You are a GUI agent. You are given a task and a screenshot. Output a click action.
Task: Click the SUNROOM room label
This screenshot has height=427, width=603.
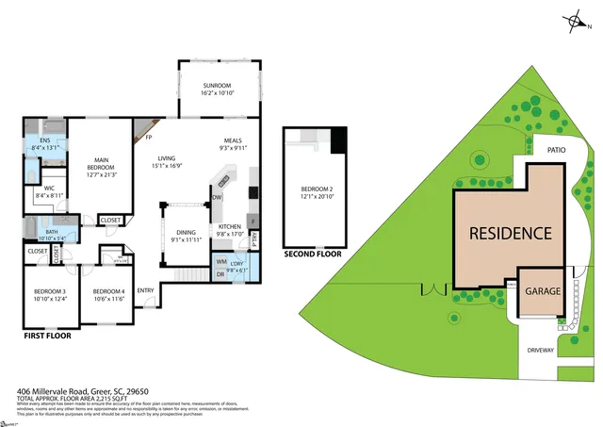217,86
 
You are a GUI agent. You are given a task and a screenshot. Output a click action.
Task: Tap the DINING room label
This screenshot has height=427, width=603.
187,232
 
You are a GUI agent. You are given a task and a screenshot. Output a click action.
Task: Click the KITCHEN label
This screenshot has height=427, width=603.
231,227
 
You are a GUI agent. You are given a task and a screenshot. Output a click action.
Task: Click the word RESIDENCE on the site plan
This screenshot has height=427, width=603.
511,233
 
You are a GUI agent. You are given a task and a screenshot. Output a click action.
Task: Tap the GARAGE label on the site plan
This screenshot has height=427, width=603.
543,291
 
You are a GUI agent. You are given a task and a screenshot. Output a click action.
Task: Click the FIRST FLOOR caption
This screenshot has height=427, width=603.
47,335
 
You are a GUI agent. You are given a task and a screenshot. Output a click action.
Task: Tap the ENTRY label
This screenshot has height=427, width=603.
146,290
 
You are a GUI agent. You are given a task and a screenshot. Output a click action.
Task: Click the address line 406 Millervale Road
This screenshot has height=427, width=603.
83,391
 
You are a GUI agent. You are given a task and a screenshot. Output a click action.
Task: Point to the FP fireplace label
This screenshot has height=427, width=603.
149,138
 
